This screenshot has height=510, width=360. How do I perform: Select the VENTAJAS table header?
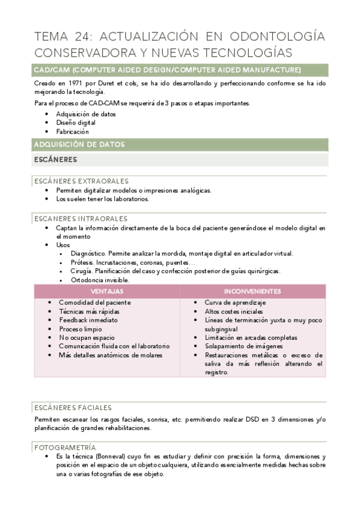point(107,291)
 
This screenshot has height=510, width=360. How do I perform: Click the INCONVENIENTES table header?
point(252,291)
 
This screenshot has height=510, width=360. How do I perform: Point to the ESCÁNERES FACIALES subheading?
point(73,407)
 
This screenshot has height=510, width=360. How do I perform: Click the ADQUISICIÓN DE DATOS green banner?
point(79,144)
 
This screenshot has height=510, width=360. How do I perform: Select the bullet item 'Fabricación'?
point(73,131)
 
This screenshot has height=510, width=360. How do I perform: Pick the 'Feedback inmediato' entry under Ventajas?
point(88,320)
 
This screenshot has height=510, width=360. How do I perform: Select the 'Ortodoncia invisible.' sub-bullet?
point(100,280)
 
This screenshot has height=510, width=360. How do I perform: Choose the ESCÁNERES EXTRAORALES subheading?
point(81,181)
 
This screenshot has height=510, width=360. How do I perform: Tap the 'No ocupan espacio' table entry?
point(87,337)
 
